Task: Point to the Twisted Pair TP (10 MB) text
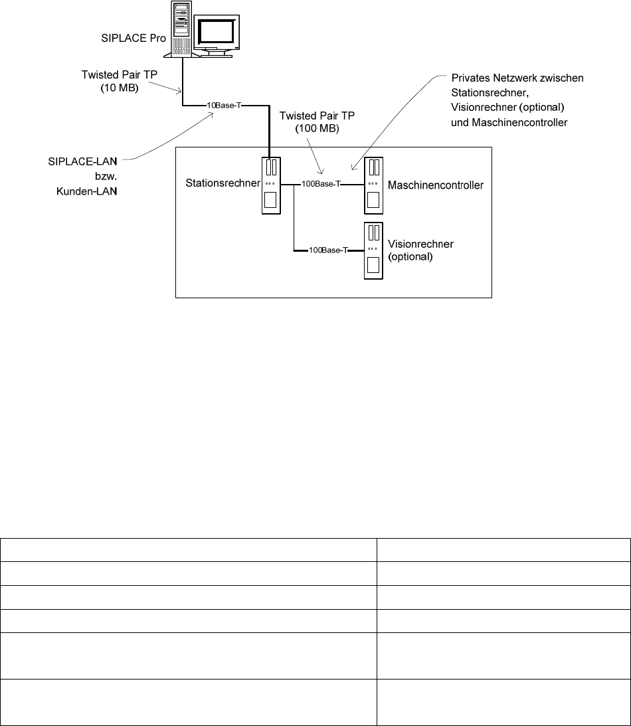(x=124, y=81)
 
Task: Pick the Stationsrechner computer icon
(x=271, y=186)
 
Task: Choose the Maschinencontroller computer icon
(x=373, y=185)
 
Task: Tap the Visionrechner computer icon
(x=373, y=250)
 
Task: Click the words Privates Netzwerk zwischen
(x=517, y=78)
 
